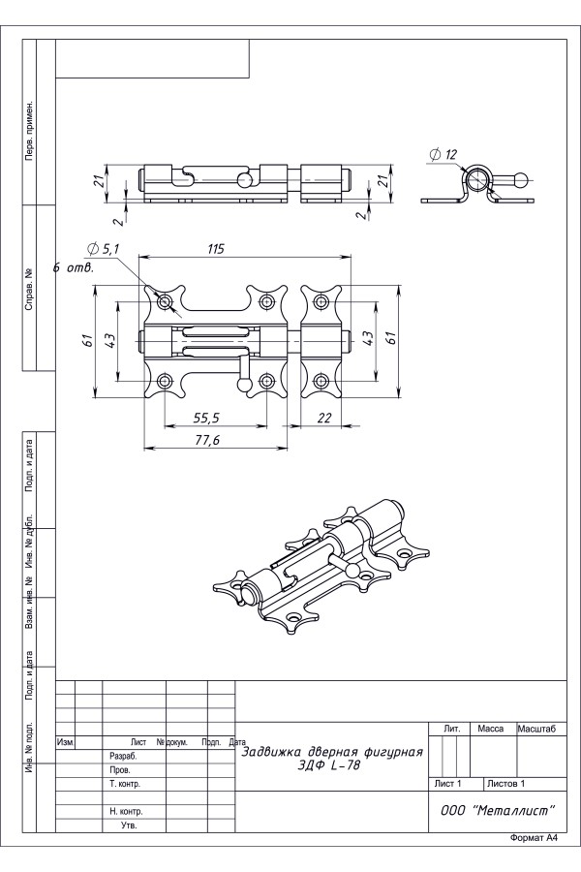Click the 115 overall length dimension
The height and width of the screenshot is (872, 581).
215,249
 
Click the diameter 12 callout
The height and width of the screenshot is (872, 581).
441,155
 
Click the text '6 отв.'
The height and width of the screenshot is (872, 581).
75,267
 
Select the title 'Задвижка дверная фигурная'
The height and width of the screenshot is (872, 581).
332,752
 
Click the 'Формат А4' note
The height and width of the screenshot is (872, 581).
534,837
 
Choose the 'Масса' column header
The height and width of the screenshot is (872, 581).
491,728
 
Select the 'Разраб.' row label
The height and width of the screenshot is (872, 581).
123,756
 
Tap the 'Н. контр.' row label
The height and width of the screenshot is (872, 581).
127,811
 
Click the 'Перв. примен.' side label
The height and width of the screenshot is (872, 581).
31,130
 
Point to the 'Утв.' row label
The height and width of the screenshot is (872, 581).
128,825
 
